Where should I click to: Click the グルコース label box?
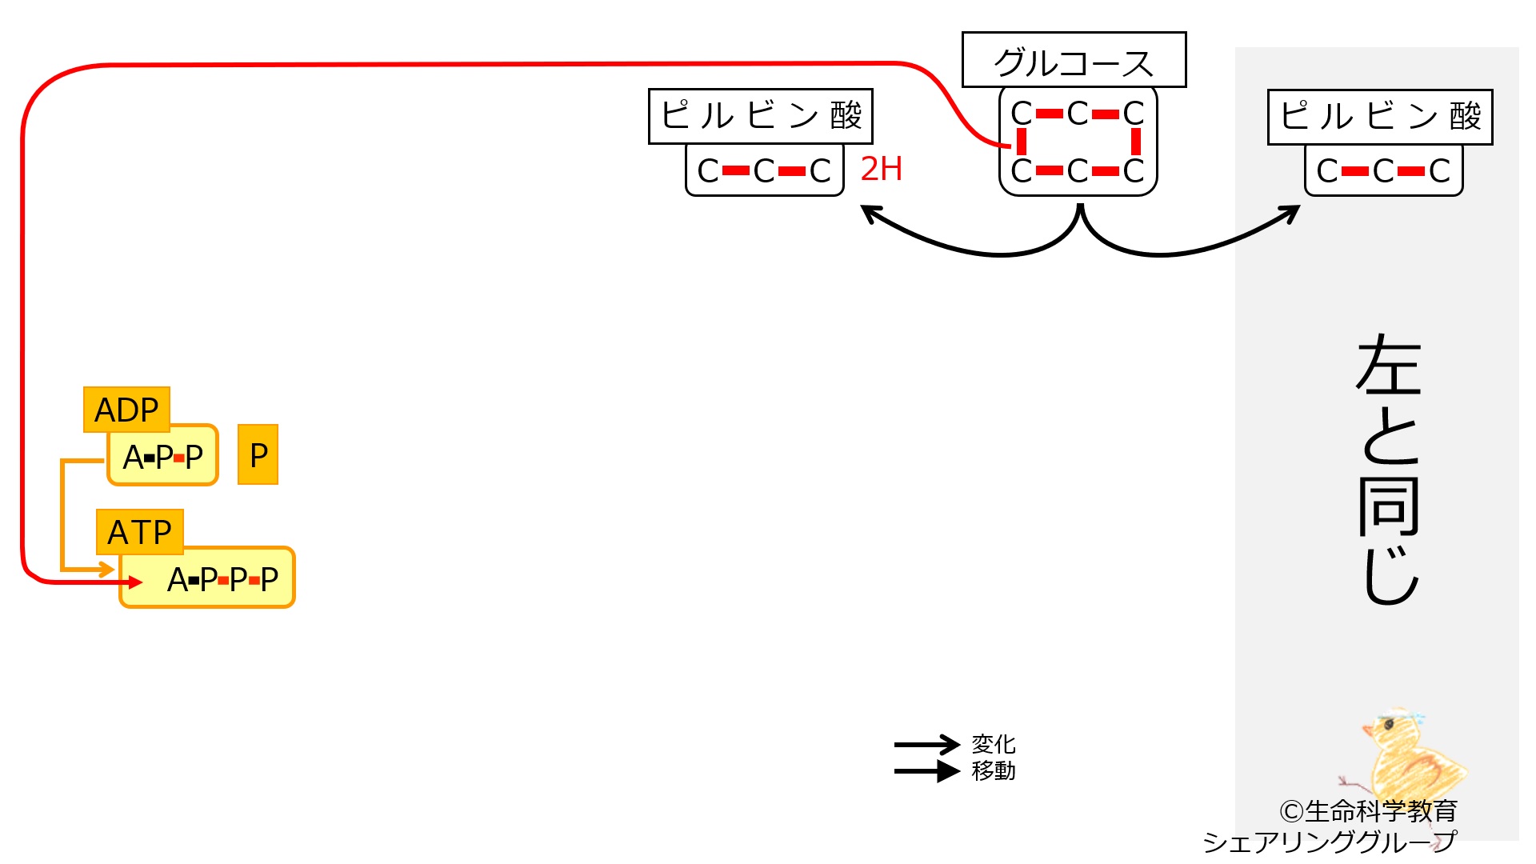click(1074, 60)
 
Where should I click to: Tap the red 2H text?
click(881, 169)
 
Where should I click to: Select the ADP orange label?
click(126, 410)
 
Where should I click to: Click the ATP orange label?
click(140, 532)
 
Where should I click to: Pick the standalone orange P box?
click(258, 454)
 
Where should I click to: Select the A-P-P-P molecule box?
click(208, 578)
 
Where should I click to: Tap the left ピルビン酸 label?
click(760, 117)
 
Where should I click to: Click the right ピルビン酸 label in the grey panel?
click(1380, 117)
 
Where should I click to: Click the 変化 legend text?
click(994, 744)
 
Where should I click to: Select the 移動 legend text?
click(994, 770)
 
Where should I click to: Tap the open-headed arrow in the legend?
click(926, 745)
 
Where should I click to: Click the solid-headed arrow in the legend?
click(926, 771)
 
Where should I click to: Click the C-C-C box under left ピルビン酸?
click(765, 170)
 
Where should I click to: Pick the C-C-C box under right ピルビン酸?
click(1384, 170)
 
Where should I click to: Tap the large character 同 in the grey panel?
click(1389, 507)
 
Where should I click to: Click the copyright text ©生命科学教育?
click(1368, 811)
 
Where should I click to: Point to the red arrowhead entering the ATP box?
click(135, 582)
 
